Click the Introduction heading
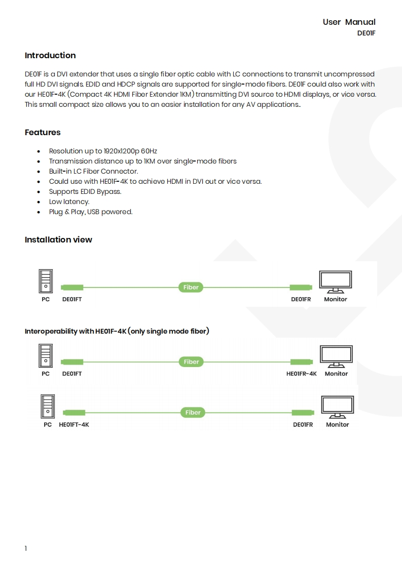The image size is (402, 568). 50,56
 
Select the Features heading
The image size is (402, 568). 43,133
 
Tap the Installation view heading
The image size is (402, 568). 58,240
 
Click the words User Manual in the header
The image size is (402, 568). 349,22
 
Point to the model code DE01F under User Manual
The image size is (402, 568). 366,34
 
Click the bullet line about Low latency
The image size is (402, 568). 69,202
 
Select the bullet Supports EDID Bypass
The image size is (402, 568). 85,192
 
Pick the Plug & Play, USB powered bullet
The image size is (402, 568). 90,212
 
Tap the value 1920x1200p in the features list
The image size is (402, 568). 122,151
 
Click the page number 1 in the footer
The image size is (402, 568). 26,549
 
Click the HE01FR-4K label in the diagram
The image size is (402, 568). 301,374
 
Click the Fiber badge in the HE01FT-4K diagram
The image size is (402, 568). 193,413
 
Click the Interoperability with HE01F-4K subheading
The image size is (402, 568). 117,332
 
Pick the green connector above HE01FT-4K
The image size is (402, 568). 74,413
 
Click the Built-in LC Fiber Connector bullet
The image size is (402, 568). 93,172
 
